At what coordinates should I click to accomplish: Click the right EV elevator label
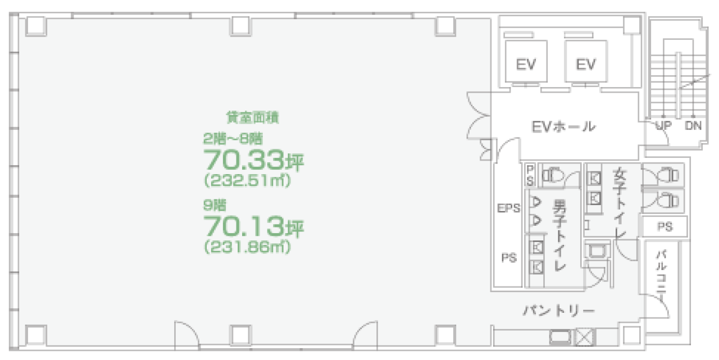pos(585,65)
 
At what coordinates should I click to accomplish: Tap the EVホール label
pos(563,126)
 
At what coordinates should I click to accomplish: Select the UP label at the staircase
pos(663,126)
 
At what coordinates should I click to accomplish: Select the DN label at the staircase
pos(693,126)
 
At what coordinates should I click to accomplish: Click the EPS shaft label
pos(508,208)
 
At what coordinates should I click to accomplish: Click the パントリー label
pos(559,311)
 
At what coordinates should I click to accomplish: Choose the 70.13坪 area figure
pos(253,227)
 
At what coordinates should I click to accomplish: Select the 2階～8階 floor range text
pos(233,138)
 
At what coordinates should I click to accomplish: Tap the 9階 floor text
pos(214,204)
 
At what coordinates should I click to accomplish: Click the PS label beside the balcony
pos(665,227)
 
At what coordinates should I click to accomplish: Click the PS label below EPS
pos(509,258)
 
